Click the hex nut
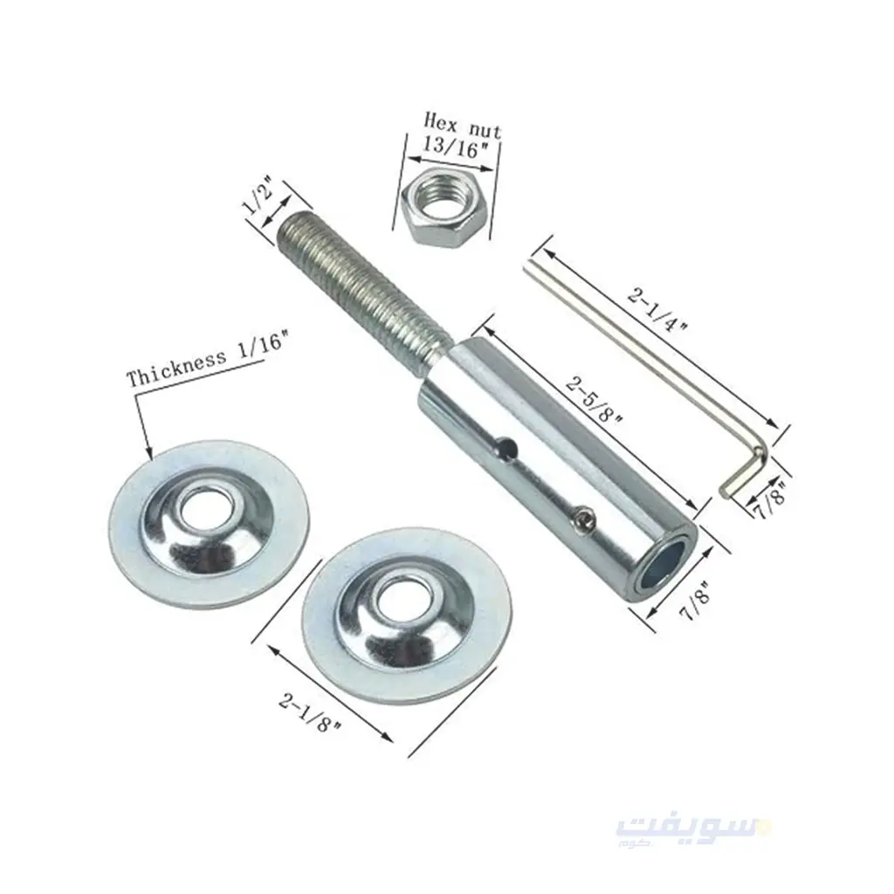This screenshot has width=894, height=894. pyautogui.click(x=444, y=209)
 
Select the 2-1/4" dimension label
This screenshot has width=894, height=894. pyautogui.click(x=657, y=310)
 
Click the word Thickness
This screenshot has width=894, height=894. pyautogui.click(x=175, y=369)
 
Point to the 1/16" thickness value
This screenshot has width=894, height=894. pyautogui.click(x=258, y=348)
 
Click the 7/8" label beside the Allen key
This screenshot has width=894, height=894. pyautogui.click(x=770, y=500)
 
